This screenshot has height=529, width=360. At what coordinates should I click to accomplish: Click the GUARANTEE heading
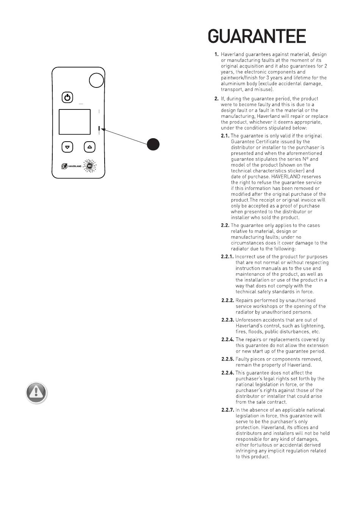[x=257, y=37]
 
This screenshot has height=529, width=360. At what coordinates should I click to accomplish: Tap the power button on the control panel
[x=67, y=98]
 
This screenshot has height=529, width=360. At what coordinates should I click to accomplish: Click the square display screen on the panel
[x=75, y=122]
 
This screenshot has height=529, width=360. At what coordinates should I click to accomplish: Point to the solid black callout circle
[x=153, y=144]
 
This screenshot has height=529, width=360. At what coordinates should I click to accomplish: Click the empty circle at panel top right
[x=96, y=80]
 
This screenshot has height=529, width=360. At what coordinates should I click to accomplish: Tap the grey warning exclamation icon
[x=36, y=392]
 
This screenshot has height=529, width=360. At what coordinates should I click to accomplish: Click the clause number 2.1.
[x=225, y=136]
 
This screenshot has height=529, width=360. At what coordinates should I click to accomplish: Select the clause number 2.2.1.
[x=227, y=257]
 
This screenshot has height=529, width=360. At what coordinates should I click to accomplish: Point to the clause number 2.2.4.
[x=228, y=340]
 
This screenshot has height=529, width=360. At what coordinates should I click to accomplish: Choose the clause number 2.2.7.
[x=228, y=410]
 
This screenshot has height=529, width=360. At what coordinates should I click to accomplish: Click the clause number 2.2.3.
[x=228, y=320]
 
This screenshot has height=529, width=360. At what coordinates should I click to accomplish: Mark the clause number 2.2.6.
[x=228, y=373]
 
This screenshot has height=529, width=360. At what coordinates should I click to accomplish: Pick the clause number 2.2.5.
[x=228, y=359]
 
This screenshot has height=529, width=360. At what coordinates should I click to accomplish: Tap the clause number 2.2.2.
[x=228, y=301]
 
